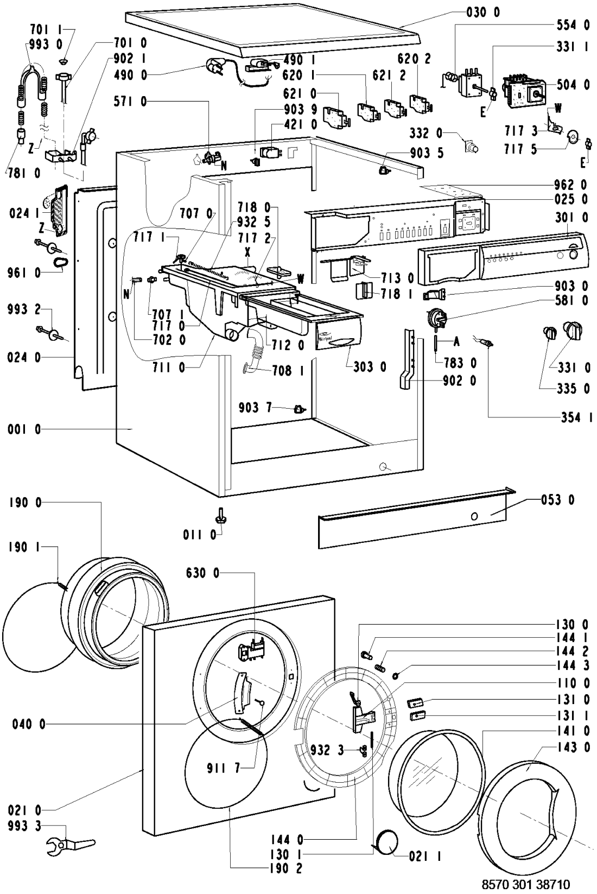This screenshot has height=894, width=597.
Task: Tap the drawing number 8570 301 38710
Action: point(526,884)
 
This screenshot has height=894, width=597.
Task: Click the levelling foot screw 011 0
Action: point(221,514)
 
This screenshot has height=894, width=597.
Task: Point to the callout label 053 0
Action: point(557,499)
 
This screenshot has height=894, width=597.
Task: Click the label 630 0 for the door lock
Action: point(202,573)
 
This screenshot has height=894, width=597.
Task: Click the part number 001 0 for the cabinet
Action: point(24,429)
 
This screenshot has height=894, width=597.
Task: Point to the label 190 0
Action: point(24,503)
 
